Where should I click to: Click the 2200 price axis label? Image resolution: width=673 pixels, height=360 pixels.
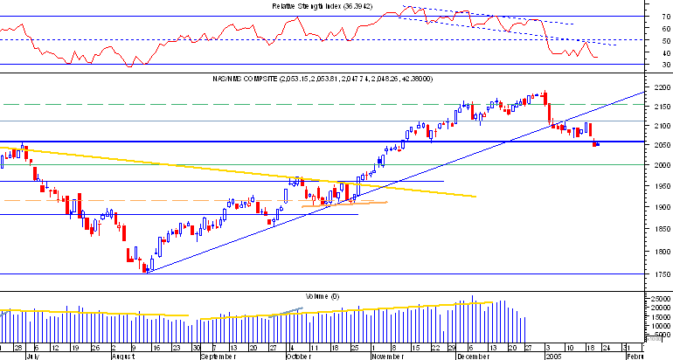coord(661,88)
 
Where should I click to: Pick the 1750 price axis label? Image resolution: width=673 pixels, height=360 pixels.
coord(661,274)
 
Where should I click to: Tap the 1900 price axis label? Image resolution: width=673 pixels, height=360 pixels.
coord(661,208)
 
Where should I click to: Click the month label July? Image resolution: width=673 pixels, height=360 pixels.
coord(31,357)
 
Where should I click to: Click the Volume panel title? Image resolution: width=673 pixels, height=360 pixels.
coord(323,296)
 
